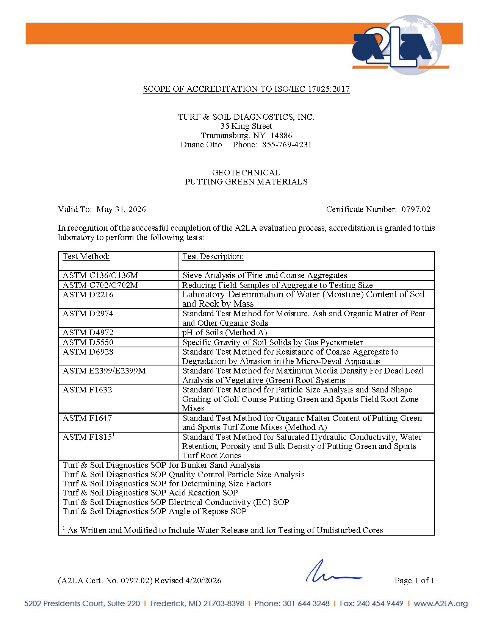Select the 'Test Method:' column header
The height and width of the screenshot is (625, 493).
tap(86, 256)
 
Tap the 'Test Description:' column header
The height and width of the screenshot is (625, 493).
tap(213, 256)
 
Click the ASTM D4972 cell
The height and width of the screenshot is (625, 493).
tap(88, 333)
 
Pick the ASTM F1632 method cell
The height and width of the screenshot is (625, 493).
tap(87, 390)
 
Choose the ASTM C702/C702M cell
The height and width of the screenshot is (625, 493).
tap(100, 285)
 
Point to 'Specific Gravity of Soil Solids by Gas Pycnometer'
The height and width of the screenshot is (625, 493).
tap(272, 342)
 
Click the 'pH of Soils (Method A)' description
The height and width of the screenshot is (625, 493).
tap(225, 333)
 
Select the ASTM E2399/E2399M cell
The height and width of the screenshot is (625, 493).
tap(104, 371)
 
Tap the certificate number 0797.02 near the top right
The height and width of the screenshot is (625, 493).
tap(416, 209)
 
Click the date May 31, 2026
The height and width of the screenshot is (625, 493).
tap(121, 209)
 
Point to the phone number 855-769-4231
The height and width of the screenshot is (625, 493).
tap(287, 145)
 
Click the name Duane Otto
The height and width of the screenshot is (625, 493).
tap(201, 145)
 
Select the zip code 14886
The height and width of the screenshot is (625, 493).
tap(281, 136)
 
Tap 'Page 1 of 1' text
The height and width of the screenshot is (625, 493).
tap(414, 581)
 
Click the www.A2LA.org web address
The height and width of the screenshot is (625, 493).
tap(440, 603)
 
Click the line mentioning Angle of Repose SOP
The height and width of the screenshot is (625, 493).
tap(155, 511)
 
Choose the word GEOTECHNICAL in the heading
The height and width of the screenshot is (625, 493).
tap(246, 173)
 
